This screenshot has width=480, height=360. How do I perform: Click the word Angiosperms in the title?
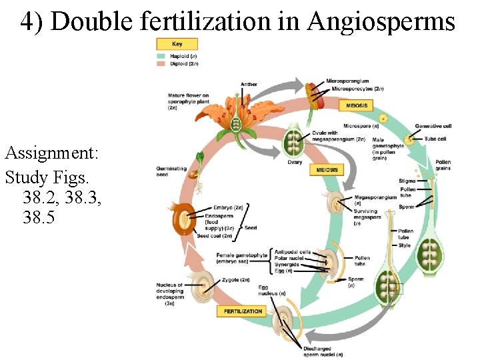coord(381,21)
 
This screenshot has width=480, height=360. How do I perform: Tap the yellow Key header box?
coord(177,44)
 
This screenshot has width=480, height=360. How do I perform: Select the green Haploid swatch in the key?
coord(161,57)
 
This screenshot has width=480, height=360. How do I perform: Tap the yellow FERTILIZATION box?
coord(243,311)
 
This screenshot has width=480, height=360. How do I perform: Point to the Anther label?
coord(249,84)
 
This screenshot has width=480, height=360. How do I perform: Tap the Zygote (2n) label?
coord(235,279)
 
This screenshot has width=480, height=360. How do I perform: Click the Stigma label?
coord(407,181)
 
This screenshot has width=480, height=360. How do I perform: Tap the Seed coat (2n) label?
coord(214,236)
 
